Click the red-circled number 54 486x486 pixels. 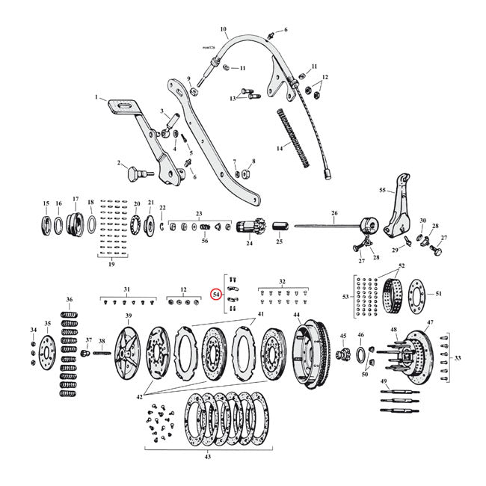(x=216, y=295)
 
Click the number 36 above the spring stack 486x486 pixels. (x=69, y=300)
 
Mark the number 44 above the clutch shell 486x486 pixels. (x=296, y=315)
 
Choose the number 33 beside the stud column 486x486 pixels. (x=458, y=357)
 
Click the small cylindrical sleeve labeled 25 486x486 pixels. (x=281, y=227)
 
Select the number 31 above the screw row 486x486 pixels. (x=126, y=289)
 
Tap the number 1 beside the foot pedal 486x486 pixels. (x=96, y=97)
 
